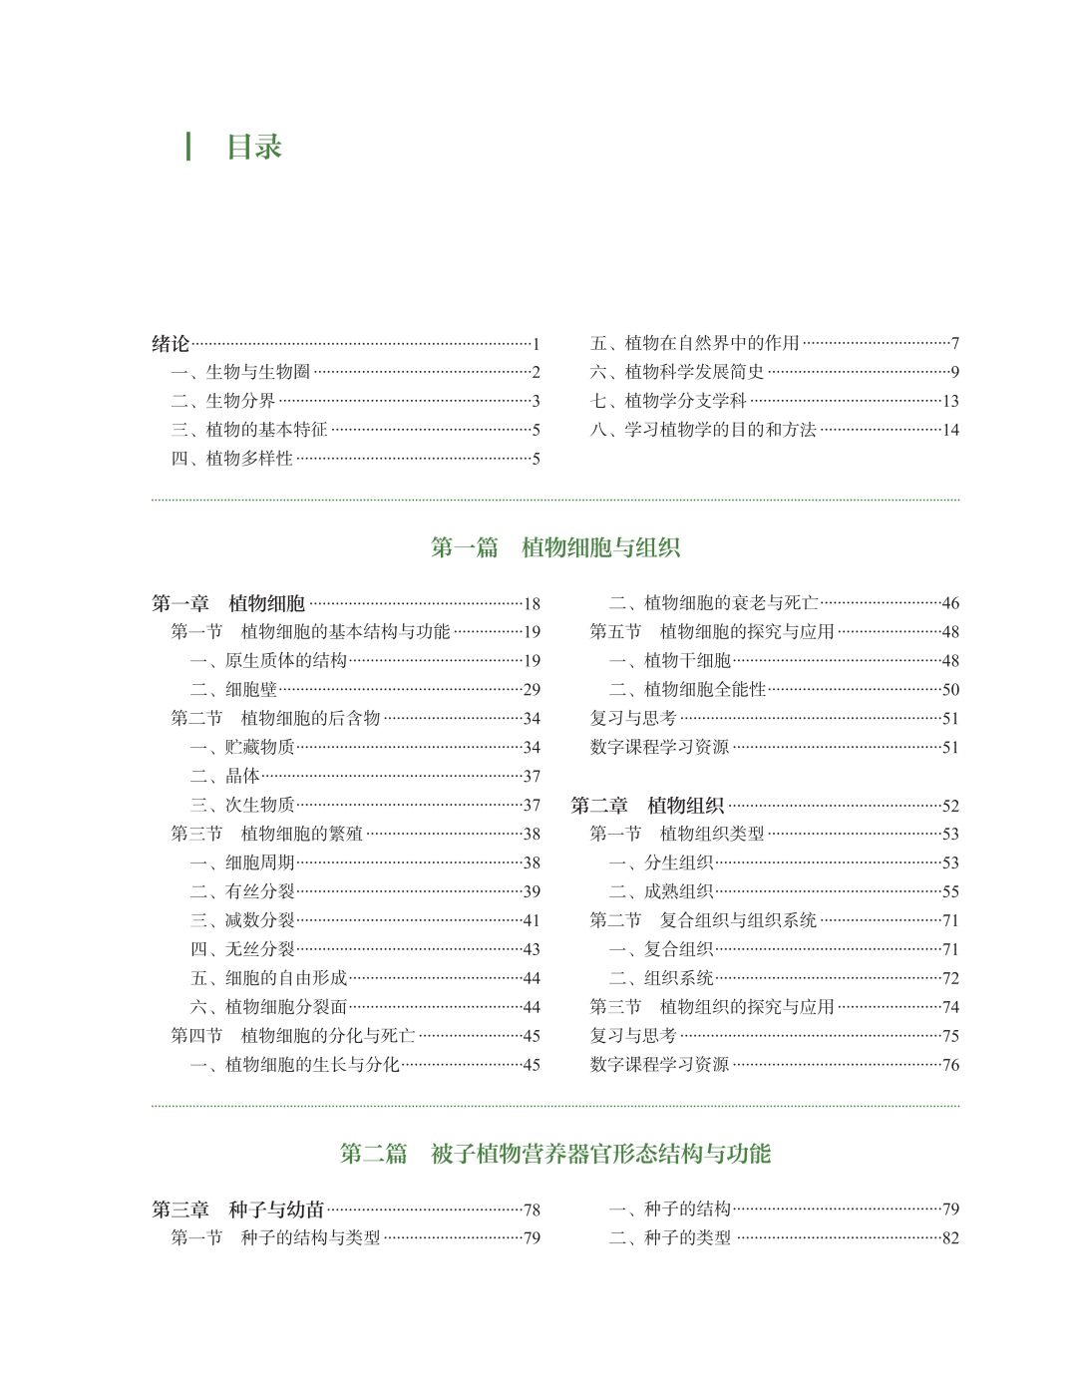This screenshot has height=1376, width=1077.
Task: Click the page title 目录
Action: (x=254, y=148)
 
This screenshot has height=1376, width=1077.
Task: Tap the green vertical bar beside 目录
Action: (x=188, y=147)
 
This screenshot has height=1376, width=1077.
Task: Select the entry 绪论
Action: (x=171, y=344)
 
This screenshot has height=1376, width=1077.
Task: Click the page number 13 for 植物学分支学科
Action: (x=950, y=401)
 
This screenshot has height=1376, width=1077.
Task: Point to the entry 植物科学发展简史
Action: (x=694, y=372)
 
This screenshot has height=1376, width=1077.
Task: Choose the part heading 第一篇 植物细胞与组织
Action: (x=554, y=547)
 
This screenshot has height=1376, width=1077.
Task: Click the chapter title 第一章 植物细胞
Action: (x=228, y=603)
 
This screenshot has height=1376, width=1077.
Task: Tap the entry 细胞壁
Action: (x=250, y=690)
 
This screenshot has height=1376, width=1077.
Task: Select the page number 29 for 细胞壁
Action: (x=532, y=690)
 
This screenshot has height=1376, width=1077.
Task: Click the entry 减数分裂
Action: (x=259, y=920)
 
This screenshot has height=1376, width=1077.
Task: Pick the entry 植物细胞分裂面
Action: (x=285, y=1007)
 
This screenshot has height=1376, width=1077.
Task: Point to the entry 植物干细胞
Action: (x=687, y=661)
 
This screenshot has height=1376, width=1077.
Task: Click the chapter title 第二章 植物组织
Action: (x=647, y=806)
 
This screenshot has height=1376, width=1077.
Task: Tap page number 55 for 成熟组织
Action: (x=950, y=892)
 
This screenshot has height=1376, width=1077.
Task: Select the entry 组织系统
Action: (x=678, y=978)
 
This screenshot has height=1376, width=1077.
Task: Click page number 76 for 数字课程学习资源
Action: (x=950, y=1065)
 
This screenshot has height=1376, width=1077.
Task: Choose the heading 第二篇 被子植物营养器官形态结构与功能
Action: (x=554, y=1154)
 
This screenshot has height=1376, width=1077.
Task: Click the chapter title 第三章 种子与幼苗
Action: (x=238, y=1209)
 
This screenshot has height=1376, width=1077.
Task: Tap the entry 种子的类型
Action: (x=687, y=1238)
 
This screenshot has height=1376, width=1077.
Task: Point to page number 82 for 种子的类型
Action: (x=950, y=1238)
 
